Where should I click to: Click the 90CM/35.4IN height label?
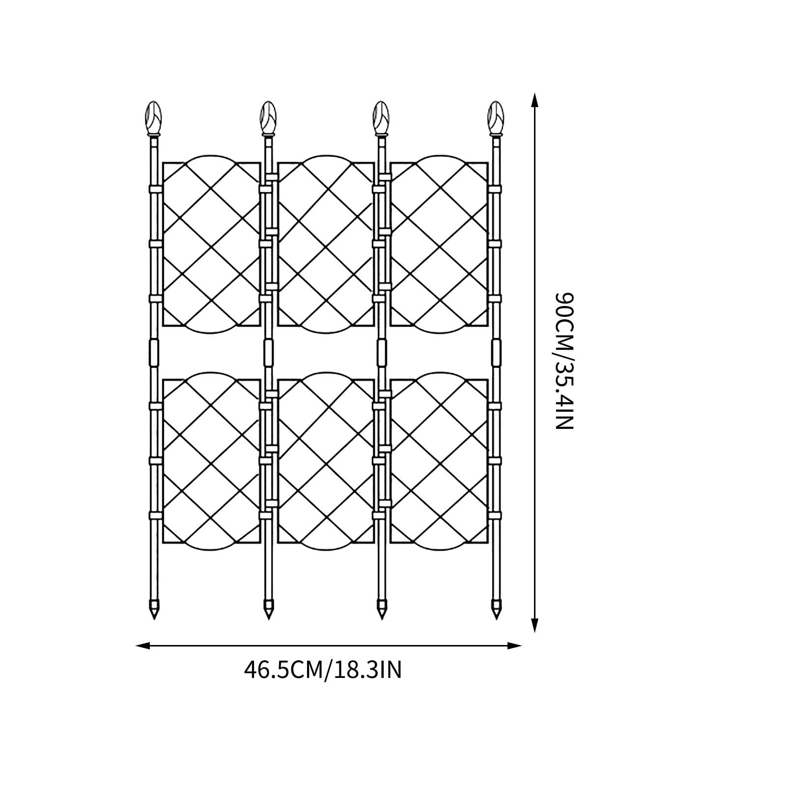(x=564, y=361)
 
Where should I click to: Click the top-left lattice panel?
(x=211, y=244)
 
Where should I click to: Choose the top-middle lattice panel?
(x=326, y=244)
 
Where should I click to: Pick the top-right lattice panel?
(x=439, y=244)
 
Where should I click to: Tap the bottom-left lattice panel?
(x=211, y=461)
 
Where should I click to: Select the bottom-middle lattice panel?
(x=326, y=461)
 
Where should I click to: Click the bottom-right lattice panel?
(x=439, y=461)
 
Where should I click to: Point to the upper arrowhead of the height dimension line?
(x=535, y=101)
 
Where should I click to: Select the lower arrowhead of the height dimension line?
(x=535, y=625)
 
